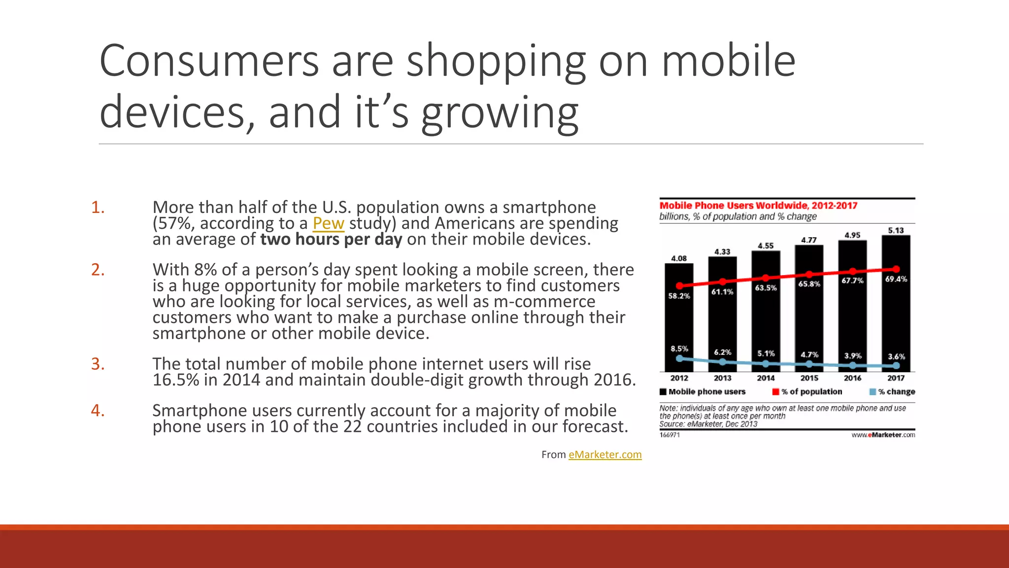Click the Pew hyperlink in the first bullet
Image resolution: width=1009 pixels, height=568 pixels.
click(x=328, y=223)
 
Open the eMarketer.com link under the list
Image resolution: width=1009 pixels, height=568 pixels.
click(x=605, y=455)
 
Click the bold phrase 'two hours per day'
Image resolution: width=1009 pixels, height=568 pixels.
click(x=331, y=240)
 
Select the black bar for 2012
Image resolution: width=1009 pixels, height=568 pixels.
click(x=679, y=320)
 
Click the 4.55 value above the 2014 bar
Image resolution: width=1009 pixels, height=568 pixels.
click(x=766, y=246)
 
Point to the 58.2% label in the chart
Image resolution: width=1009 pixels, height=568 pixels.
click(x=679, y=296)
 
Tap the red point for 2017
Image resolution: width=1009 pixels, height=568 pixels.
click(x=896, y=269)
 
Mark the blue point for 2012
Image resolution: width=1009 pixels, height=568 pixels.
click(x=679, y=358)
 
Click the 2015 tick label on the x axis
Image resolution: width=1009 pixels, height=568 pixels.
click(x=809, y=378)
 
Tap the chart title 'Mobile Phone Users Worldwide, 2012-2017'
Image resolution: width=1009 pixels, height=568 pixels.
click(x=758, y=206)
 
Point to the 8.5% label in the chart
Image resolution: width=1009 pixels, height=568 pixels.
click(x=679, y=349)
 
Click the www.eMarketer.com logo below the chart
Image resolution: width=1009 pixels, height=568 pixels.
click(x=883, y=435)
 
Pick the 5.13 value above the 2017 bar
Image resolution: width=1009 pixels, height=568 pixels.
click(x=896, y=230)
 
